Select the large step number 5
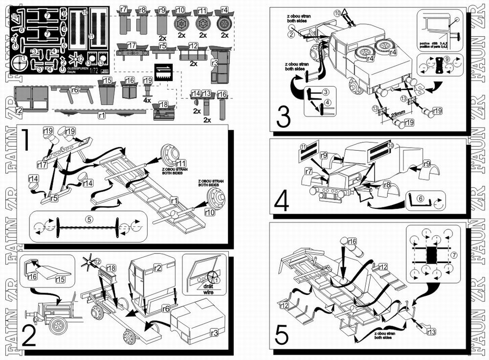(283, 335)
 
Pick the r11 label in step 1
(181, 163)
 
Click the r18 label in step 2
(111, 267)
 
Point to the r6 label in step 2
(165, 308)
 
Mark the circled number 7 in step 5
(454, 255)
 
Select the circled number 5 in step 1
(89, 219)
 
